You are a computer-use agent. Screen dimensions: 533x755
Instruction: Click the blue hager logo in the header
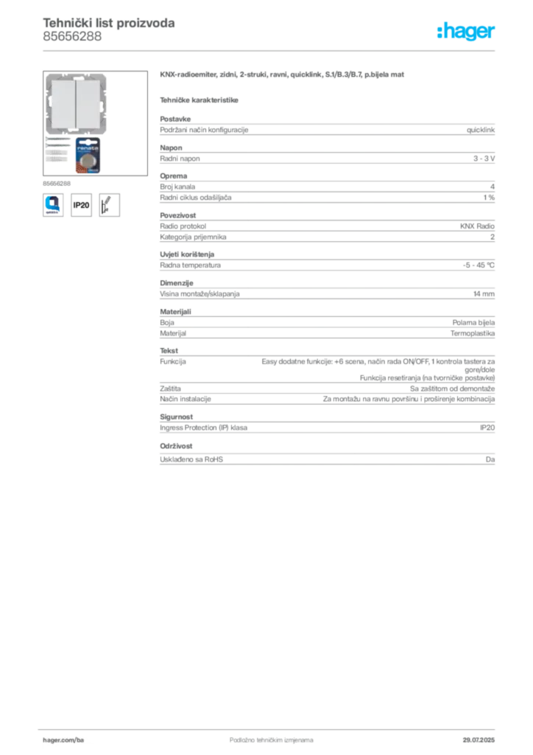pos(467,32)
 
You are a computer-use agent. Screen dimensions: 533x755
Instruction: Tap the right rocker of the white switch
pos(87,104)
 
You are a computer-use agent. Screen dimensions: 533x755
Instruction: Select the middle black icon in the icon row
pos(82,204)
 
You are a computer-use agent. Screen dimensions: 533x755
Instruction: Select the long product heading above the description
pos(281,77)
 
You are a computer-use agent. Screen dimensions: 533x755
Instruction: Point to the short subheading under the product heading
pos(200,99)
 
